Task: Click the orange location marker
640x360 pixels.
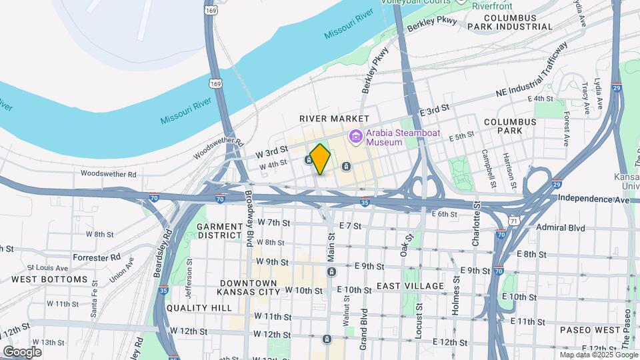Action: [321, 159]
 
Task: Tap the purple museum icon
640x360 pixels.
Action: [357, 137]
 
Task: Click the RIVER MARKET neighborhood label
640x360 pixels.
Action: [325, 118]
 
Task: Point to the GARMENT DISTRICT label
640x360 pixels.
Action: [219, 231]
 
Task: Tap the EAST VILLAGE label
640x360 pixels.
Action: [410, 286]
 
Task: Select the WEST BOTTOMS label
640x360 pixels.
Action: [49, 279]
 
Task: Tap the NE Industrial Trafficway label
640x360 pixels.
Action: [534, 71]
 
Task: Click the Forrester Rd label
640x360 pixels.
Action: [97, 257]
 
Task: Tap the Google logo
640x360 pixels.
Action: [22, 352]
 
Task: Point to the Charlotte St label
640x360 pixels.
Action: [475, 229]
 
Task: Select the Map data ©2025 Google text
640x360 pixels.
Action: [598, 355]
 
